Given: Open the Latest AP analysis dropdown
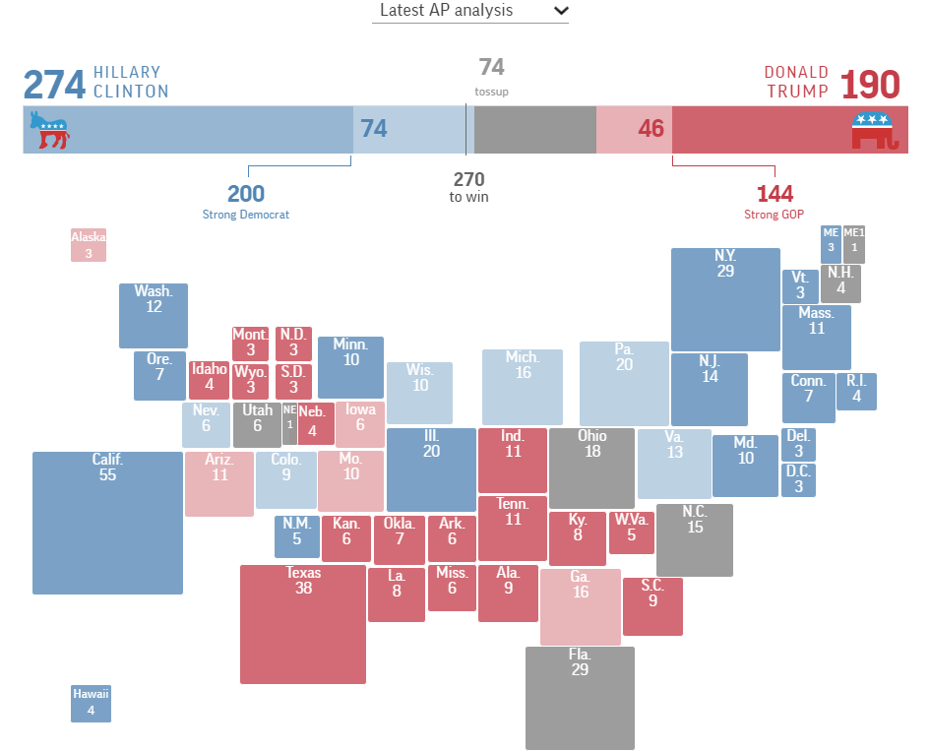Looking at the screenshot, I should [x=470, y=11].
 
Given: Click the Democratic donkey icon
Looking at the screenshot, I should [x=49, y=130].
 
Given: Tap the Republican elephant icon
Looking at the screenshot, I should [x=875, y=130].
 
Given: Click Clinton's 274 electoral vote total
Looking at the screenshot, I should [x=54, y=86].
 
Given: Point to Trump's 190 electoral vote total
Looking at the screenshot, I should [x=870, y=86].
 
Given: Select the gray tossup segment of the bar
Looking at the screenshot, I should [x=534, y=130].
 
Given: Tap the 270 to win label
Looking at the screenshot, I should [x=468, y=187].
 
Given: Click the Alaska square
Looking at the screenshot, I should [x=88, y=245].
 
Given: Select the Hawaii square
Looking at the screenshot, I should [x=91, y=703].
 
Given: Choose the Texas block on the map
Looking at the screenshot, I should [x=303, y=624].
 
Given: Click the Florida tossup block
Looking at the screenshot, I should [x=580, y=697].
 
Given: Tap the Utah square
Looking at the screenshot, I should [x=257, y=424].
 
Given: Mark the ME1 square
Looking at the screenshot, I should [x=854, y=244].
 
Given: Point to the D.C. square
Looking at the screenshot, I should [x=798, y=479].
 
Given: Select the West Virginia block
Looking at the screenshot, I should [x=632, y=532].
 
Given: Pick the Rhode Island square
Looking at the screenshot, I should [x=856, y=391].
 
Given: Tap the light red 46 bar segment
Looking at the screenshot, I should [x=634, y=130].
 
